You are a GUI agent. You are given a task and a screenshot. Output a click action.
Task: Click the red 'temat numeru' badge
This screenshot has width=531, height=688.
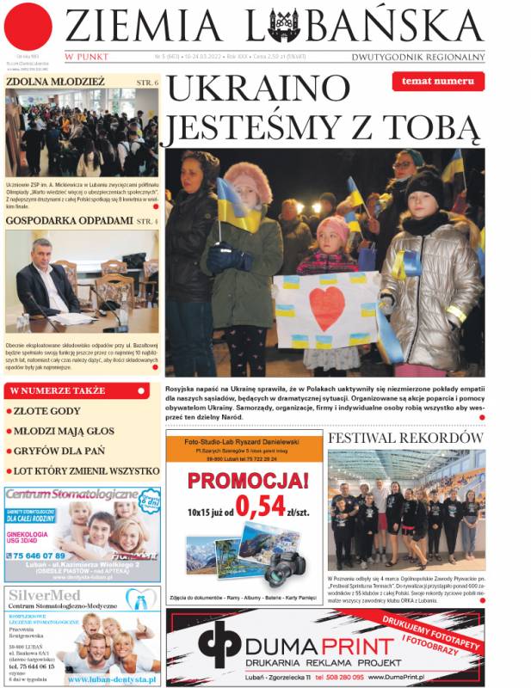pos(437,82)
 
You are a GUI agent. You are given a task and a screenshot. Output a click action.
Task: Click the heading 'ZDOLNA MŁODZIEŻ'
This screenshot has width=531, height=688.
pos(55,83)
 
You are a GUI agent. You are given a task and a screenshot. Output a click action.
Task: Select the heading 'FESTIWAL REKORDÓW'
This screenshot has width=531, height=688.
pos(405,438)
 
